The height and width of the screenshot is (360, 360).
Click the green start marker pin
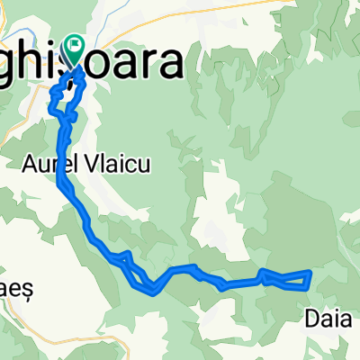pos(73,50)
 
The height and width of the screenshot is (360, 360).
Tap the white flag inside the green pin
pos(73,45)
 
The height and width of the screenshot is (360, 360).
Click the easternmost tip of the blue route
pos(310,272)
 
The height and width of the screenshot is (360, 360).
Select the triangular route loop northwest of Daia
pos(286,279)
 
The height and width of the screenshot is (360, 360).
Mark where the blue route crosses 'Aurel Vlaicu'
pos(64,165)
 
